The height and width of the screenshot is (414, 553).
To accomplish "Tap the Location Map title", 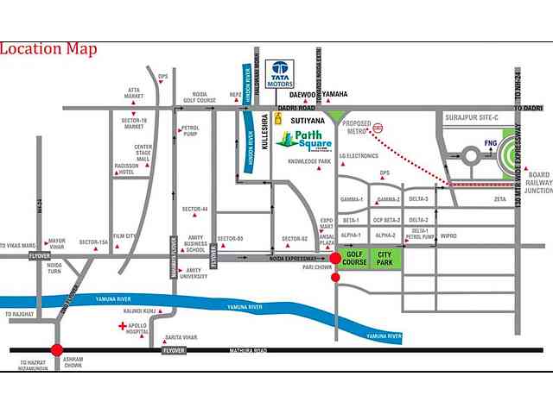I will pyautogui.click(x=48, y=48).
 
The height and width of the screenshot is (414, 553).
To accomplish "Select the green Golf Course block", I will pyautogui.click(x=353, y=257).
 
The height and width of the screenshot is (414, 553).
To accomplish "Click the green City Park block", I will pyautogui.click(x=385, y=257).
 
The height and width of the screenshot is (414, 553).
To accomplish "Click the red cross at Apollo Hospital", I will pyautogui.click(x=121, y=327).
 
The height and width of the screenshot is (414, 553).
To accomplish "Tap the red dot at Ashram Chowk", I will pyautogui.click(x=57, y=350).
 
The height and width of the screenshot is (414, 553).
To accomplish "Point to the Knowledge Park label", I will pyautogui.click(x=310, y=161).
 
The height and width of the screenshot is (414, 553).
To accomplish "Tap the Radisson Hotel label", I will pyautogui.click(x=132, y=170).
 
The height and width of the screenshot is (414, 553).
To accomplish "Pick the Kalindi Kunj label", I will pyautogui.click(x=137, y=309).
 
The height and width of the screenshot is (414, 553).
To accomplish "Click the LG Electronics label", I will pyautogui.click(x=359, y=156).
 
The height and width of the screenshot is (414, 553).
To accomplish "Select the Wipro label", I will pyautogui.click(x=448, y=235).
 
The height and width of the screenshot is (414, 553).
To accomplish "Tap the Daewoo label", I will pyautogui.click(x=303, y=94).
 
